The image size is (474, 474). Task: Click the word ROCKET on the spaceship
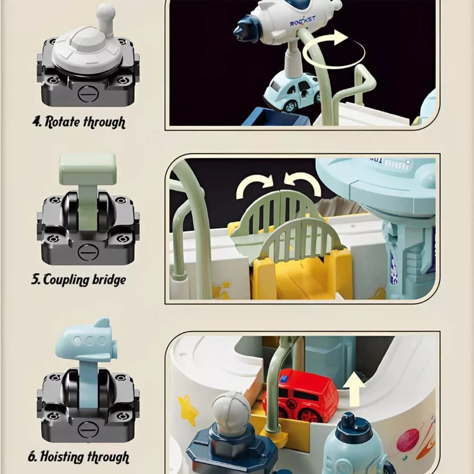tap(302, 21)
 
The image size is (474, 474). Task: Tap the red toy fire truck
tap(300, 395)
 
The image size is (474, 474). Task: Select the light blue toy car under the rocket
tap(292, 91)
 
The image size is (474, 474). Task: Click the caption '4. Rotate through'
tap(79, 122)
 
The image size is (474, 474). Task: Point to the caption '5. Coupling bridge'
tap(79, 280)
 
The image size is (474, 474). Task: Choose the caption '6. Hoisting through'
tap(79, 457)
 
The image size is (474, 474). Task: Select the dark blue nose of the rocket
tap(246, 29)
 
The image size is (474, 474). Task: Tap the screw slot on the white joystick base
tap(88, 94)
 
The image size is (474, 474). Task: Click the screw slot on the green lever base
tap(88, 252)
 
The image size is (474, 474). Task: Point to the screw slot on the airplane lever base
tap(88, 429)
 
